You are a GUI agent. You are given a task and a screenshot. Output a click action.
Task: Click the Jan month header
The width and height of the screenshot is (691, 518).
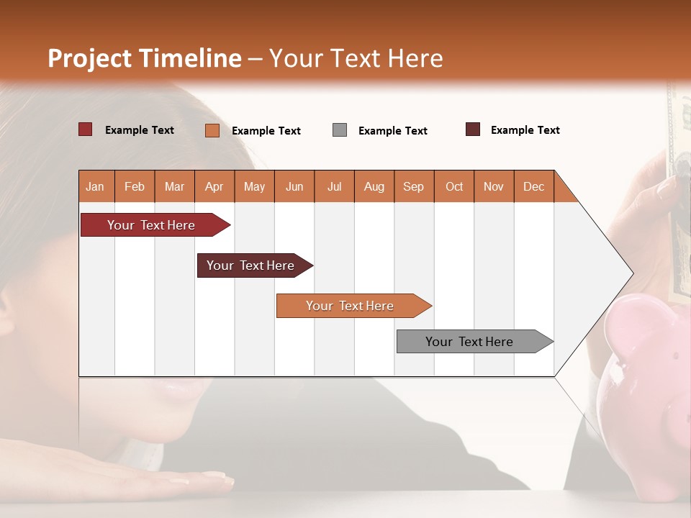[95, 186]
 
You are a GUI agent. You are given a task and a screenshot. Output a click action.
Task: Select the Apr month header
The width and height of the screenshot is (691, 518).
[214, 186]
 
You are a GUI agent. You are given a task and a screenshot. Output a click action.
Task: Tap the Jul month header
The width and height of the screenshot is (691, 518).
[334, 186]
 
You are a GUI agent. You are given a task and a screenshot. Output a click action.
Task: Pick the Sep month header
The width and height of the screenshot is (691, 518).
[413, 186]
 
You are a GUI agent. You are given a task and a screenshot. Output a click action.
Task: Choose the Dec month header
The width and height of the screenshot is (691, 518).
[533, 186]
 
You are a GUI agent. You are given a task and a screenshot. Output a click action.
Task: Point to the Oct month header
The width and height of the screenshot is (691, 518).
[453, 186]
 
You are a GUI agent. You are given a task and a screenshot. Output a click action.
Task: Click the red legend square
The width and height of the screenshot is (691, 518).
[85, 129]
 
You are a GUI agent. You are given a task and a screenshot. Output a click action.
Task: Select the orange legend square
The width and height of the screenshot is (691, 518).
[212, 130]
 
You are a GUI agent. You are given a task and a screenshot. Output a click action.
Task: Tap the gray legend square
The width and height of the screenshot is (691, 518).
[339, 130]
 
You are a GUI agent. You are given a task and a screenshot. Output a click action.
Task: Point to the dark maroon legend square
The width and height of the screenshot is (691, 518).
[472, 129]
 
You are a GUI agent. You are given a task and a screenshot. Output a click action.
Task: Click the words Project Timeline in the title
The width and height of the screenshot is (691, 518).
[144, 58]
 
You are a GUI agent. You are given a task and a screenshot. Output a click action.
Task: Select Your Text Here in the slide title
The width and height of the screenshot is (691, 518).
[356, 58]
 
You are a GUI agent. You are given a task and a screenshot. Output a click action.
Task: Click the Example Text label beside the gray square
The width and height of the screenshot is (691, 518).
[392, 131]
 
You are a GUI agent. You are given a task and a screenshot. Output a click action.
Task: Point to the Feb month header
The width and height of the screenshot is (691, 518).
[135, 186]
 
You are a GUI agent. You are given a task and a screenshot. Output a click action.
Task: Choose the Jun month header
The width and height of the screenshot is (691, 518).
[294, 186]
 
